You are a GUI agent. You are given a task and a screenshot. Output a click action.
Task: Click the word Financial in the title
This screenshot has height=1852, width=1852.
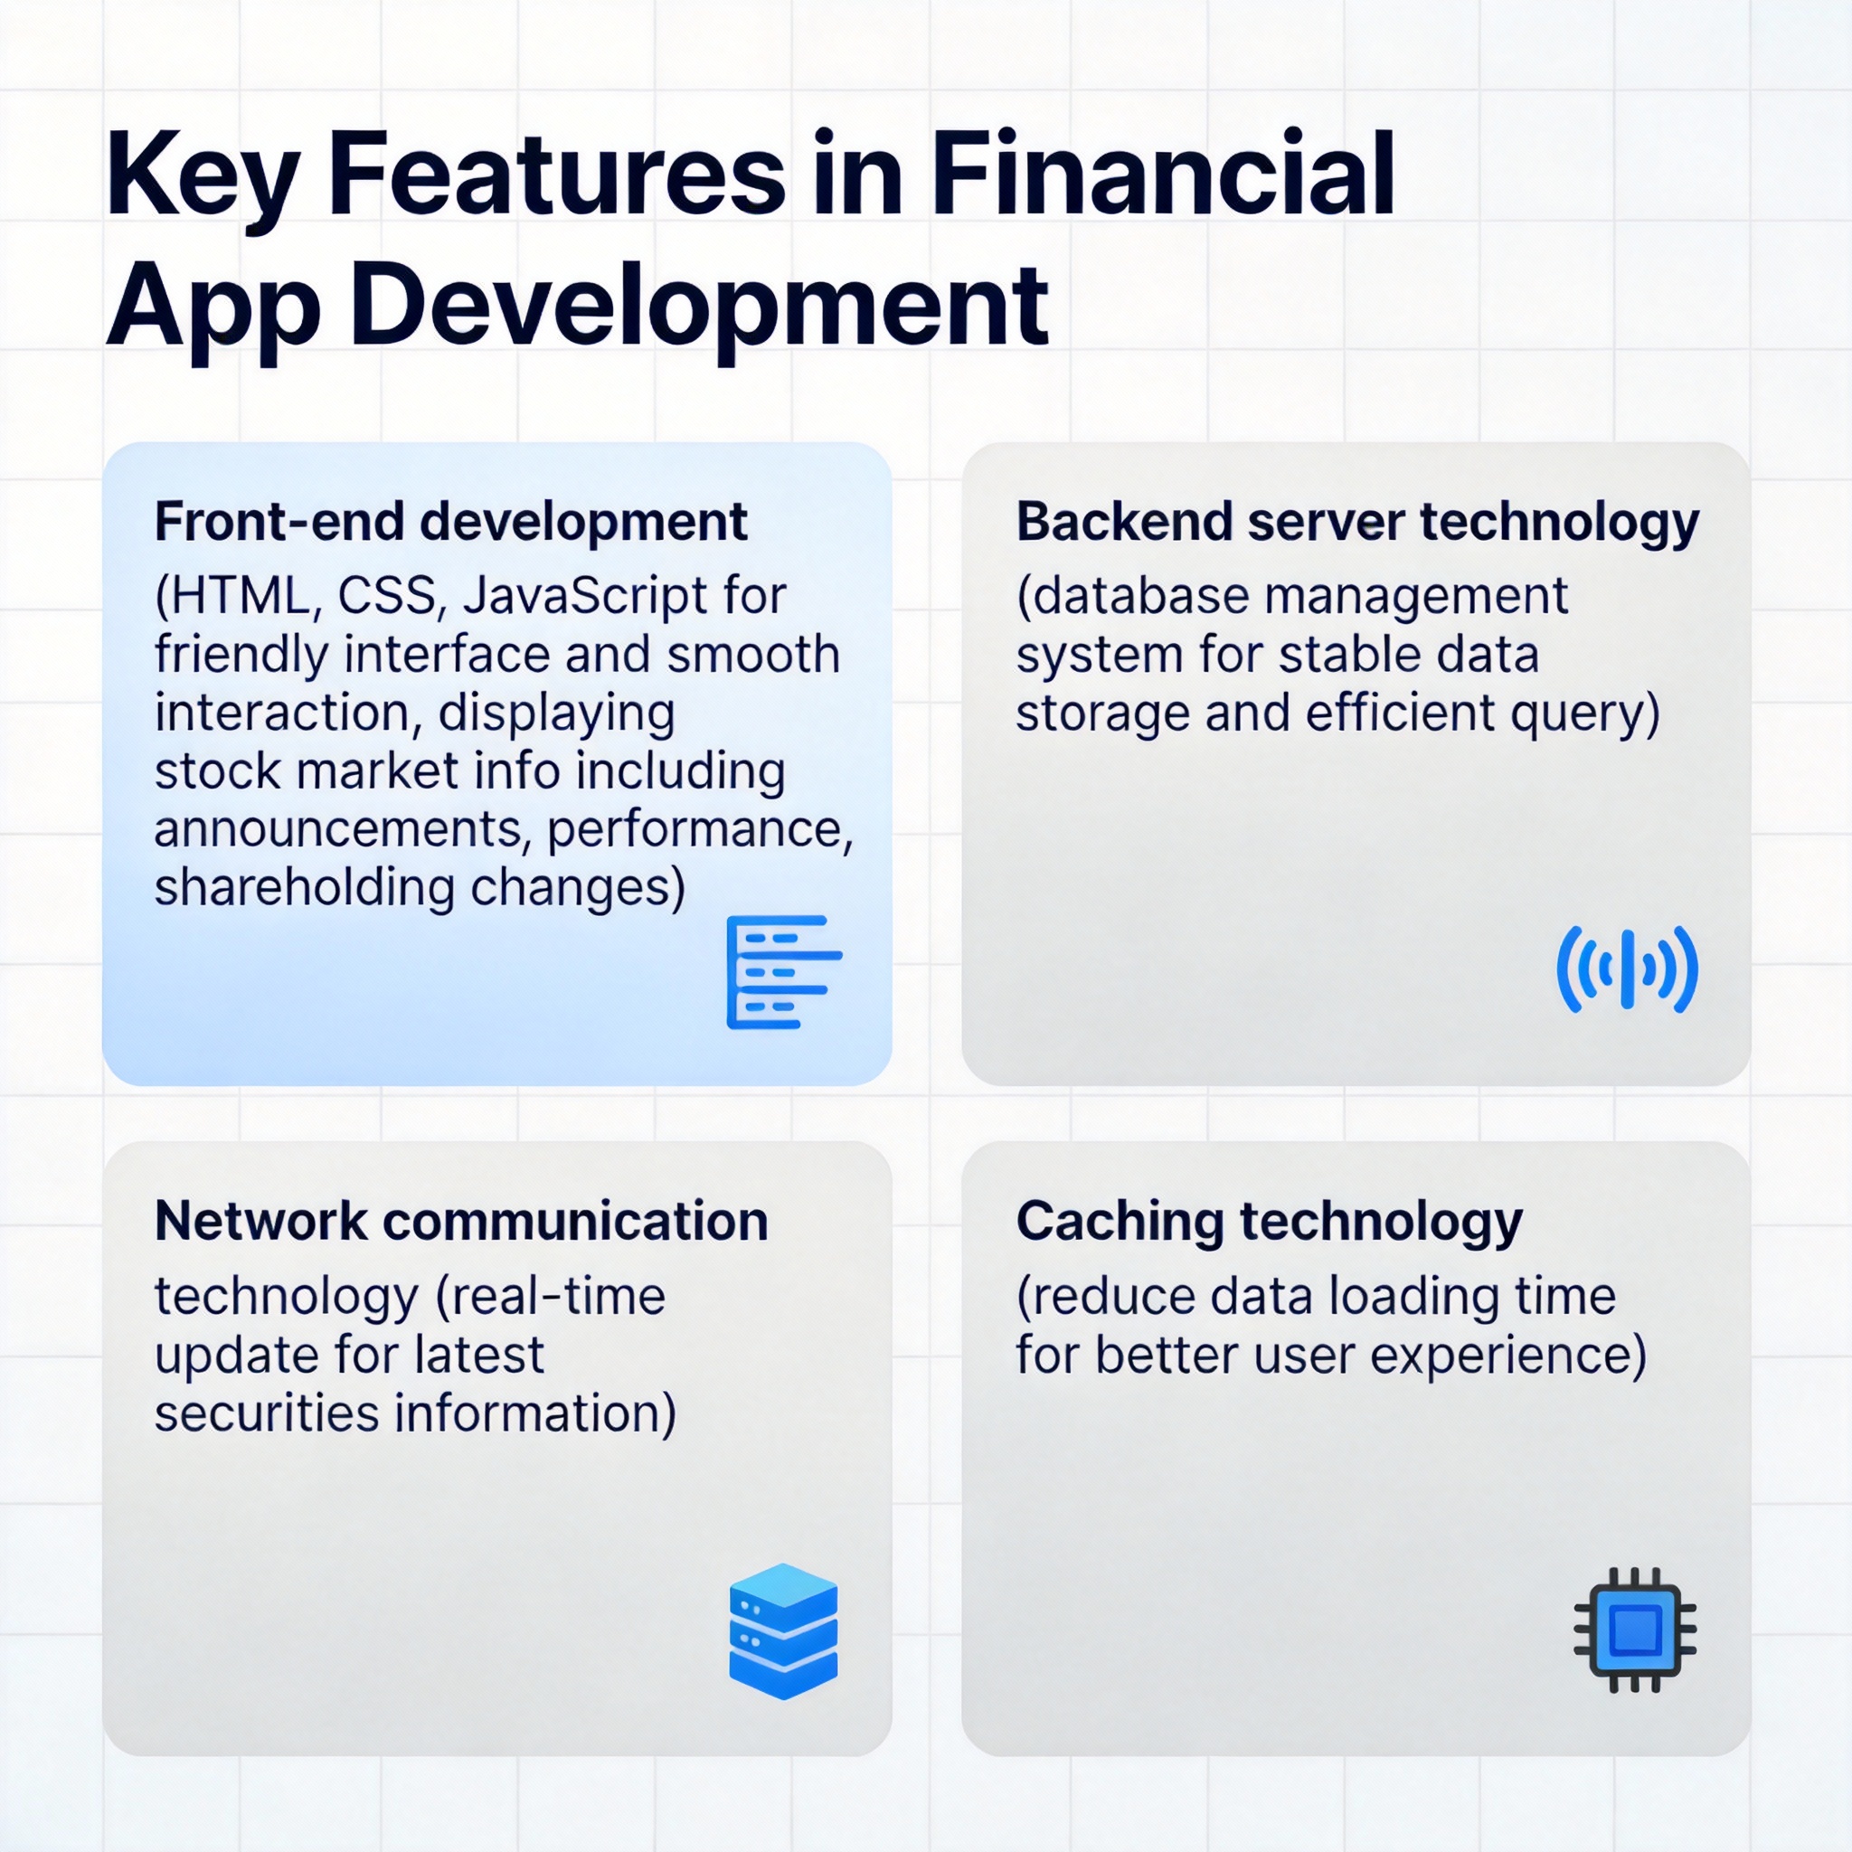tap(1161, 175)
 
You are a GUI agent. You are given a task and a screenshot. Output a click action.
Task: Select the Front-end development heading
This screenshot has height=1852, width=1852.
tap(450, 524)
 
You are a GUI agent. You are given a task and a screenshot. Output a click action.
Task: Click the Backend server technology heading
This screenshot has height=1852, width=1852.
tap(1357, 524)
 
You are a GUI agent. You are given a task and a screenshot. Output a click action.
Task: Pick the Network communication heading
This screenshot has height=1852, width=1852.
tap(461, 1221)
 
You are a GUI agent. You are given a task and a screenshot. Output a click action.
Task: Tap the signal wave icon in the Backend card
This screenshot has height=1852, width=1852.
tap(1627, 969)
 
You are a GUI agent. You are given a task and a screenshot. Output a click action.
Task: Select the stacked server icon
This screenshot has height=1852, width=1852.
tap(783, 1630)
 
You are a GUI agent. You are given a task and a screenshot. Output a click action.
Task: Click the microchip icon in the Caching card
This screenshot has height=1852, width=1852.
tap(1634, 1630)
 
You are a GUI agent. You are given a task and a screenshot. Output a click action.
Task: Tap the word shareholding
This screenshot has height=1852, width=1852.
tap(304, 888)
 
